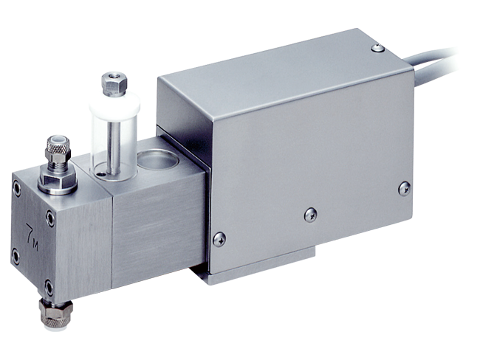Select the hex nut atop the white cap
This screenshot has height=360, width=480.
click(x=112, y=83)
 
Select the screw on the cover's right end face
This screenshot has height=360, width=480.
click(x=404, y=188)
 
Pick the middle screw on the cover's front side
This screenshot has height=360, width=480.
click(x=311, y=214)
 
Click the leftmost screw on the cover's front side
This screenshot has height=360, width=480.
click(x=219, y=238)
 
